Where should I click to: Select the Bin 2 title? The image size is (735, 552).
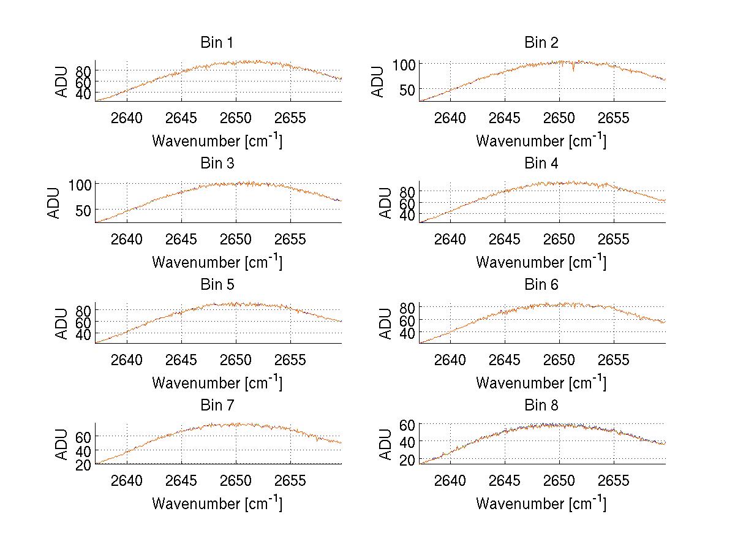tap(541, 43)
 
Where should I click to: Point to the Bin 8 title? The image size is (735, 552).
tap(541, 406)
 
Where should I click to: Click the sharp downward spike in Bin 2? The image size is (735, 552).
tap(573, 69)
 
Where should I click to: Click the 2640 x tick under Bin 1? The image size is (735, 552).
tap(127, 118)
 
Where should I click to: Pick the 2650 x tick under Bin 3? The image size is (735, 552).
tap(236, 239)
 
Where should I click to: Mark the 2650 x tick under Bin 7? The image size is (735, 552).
tap(236, 481)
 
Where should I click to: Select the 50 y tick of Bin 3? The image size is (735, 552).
tap(84, 210)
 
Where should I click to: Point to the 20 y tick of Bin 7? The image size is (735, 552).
tap(84, 464)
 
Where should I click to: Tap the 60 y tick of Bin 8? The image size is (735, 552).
tap(408, 424)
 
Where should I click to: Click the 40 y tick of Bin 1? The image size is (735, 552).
tap(84, 93)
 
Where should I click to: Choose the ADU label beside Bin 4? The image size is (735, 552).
tap(386, 203)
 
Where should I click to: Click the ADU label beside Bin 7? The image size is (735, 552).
tap(62, 445)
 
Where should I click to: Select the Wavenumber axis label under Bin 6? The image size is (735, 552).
tap(541, 383)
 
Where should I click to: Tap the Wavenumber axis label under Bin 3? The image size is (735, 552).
tap(217, 262)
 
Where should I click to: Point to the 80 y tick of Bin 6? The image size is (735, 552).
tap(408, 307)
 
